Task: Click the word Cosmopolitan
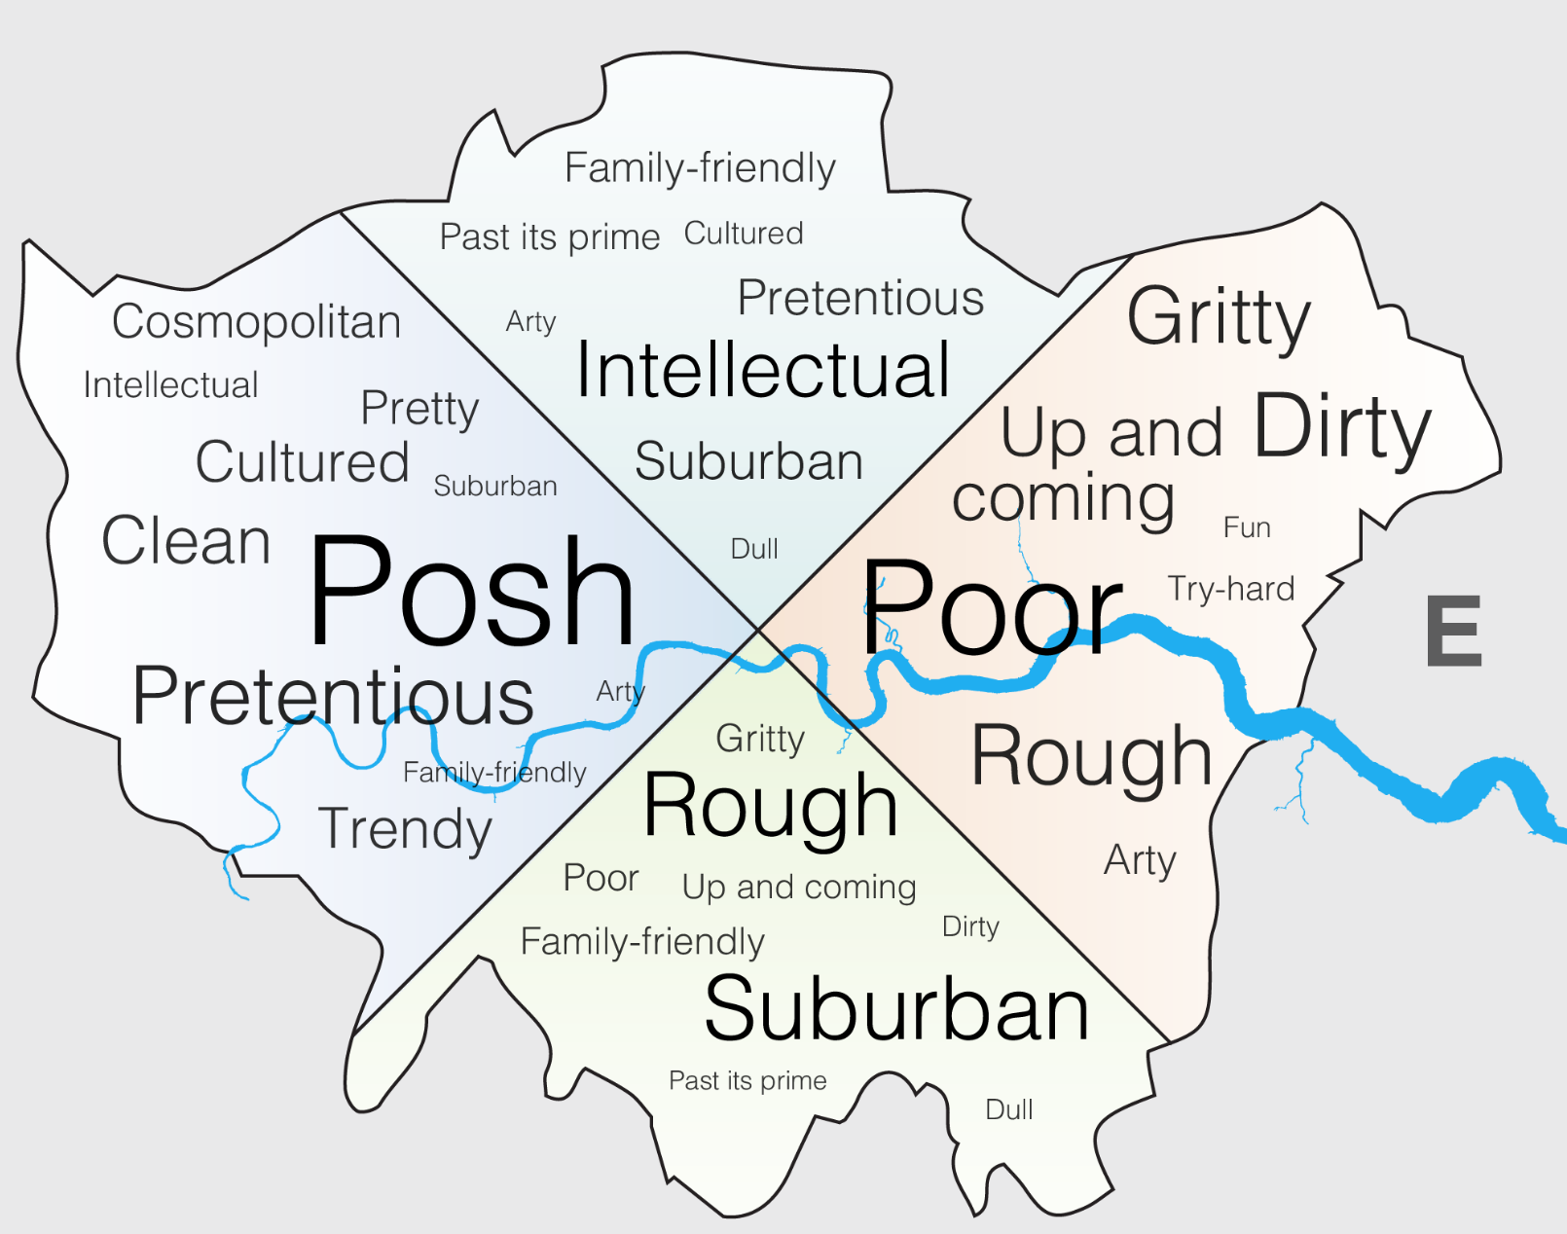pos(256,322)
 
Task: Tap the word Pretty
pos(419,409)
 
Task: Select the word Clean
pos(186,541)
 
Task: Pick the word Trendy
pos(405,829)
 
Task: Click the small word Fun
pos(1247,527)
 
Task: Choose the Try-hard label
pos(1231,589)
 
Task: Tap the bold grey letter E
pos(1453,632)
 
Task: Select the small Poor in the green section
pos(601,878)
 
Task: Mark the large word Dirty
pos(1342,426)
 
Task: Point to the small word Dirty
pos(970,926)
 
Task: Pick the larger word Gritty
pos(1219,317)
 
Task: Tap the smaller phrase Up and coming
pos(799,888)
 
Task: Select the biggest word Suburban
pos(895,1009)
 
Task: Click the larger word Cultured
pos(302,462)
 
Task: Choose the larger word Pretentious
pos(333,697)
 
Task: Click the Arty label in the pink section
pos(1140,860)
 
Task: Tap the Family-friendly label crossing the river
pos(494,773)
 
